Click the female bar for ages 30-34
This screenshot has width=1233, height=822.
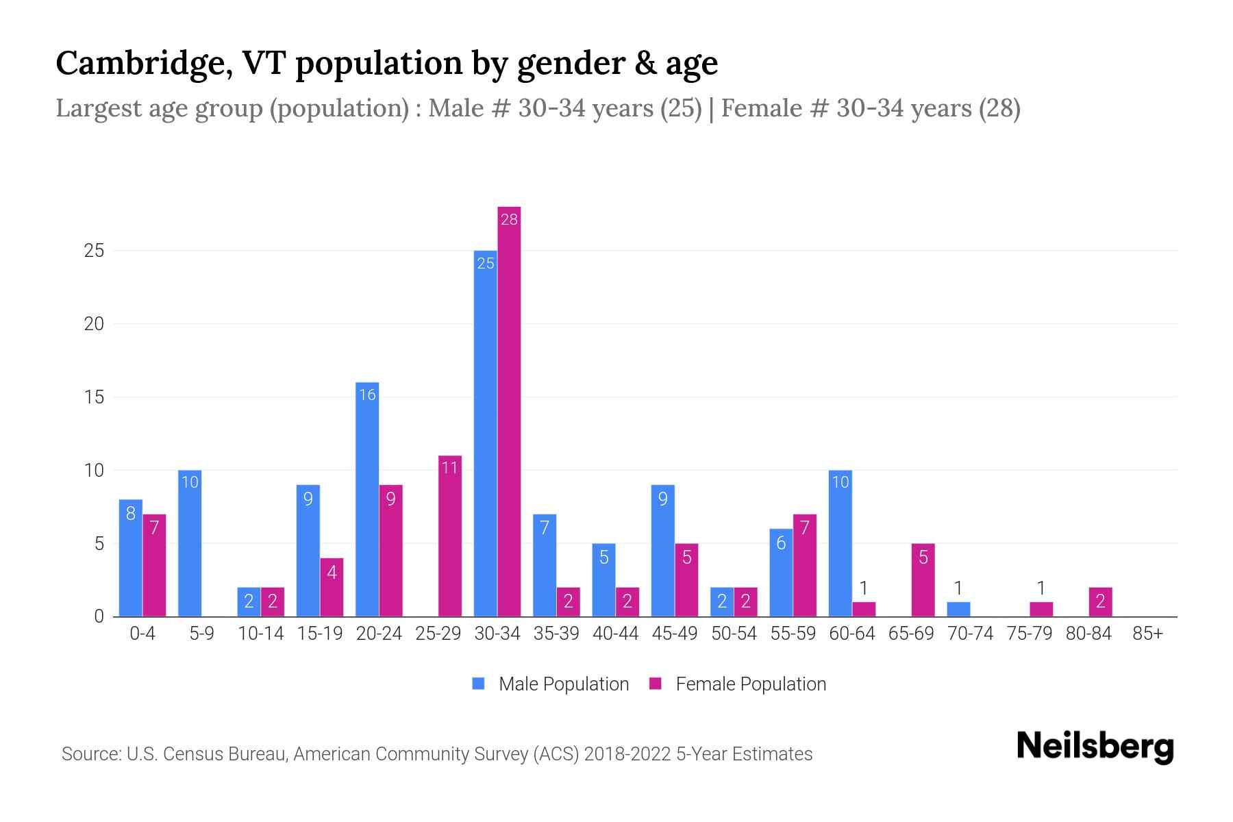click(509, 411)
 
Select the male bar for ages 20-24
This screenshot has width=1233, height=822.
click(367, 500)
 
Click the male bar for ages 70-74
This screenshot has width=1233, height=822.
click(958, 609)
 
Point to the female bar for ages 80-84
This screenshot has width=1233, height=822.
click(1100, 602)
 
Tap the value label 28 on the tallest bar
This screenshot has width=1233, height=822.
click(509, 220)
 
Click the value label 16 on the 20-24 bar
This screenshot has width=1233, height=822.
click(367, 395)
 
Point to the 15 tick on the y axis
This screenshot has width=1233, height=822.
click(94, 397)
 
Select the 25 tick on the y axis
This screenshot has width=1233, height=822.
click(94, 251)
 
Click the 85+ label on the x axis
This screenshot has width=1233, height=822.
click(1147, 634)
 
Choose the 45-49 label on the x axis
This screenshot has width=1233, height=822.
click(675, 634)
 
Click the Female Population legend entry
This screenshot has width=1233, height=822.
click(738, 684)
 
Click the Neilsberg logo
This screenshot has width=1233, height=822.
click(1095, 746)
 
